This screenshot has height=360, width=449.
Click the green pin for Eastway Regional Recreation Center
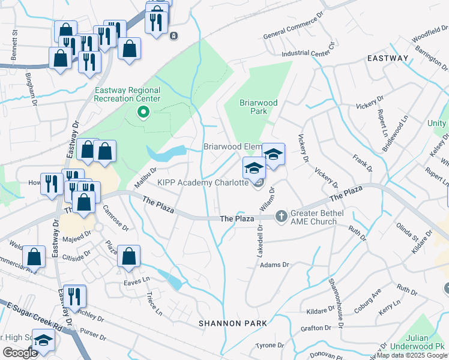[x=143, y=112]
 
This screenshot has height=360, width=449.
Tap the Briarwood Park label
[x=258, y=107]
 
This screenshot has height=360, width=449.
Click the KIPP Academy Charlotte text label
[x=202, y=182]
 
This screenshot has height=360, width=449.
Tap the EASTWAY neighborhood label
[x=388, y=58]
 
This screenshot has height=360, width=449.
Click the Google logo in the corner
[x=20, y=353]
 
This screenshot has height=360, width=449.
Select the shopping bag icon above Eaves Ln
[x=128, y=257]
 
